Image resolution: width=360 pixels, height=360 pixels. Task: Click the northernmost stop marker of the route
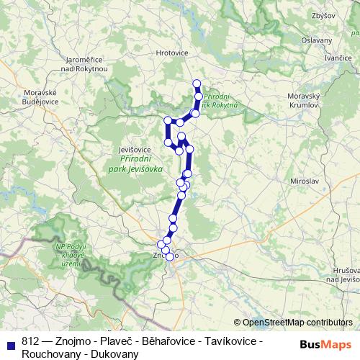[197, 84]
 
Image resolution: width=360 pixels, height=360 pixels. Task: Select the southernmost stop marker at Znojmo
[170, 256]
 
